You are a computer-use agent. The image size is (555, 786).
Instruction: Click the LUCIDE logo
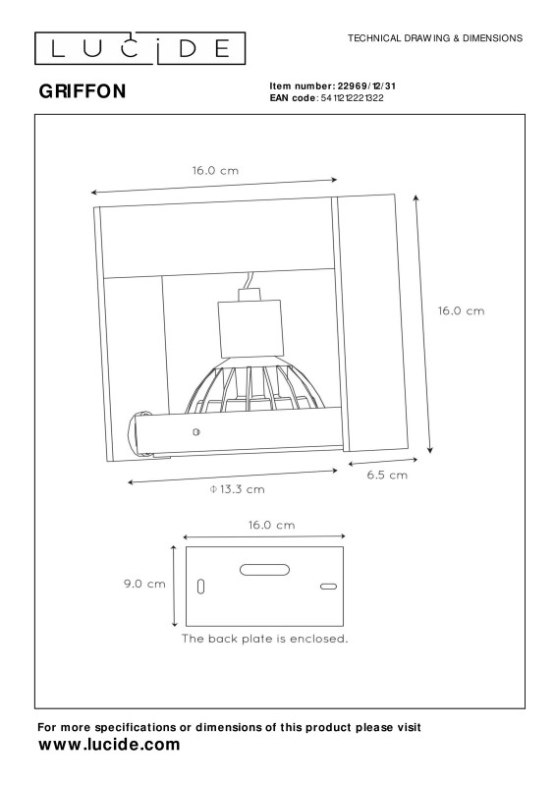(139, 48)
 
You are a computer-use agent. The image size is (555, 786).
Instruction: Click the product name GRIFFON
(83, 91)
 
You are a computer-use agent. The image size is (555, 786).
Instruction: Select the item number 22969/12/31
(366, 86)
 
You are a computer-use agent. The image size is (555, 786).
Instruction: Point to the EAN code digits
(352, 98)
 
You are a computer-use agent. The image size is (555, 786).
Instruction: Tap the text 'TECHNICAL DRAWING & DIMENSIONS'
(435, 38)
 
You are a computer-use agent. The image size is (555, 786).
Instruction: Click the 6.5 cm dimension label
(387, 476)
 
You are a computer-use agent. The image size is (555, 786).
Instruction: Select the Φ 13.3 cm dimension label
(237, 489)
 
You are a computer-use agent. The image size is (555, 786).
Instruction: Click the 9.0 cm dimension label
(144, 584)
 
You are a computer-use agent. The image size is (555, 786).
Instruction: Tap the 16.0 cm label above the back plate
(272, 525)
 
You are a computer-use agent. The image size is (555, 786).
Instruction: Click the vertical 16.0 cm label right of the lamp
(462, 310)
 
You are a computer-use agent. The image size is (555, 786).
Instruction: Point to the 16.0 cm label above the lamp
(215, 170)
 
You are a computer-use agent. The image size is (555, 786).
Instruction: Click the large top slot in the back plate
(264, 570)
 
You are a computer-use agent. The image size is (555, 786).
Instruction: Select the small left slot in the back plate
(201, 587)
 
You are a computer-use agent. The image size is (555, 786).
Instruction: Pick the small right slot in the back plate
(328, 587)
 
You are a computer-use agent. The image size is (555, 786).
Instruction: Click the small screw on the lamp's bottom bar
(196, 431)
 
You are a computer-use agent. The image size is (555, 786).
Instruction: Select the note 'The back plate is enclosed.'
(264, 639)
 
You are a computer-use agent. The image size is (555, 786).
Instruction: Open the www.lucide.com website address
(109, 745)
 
